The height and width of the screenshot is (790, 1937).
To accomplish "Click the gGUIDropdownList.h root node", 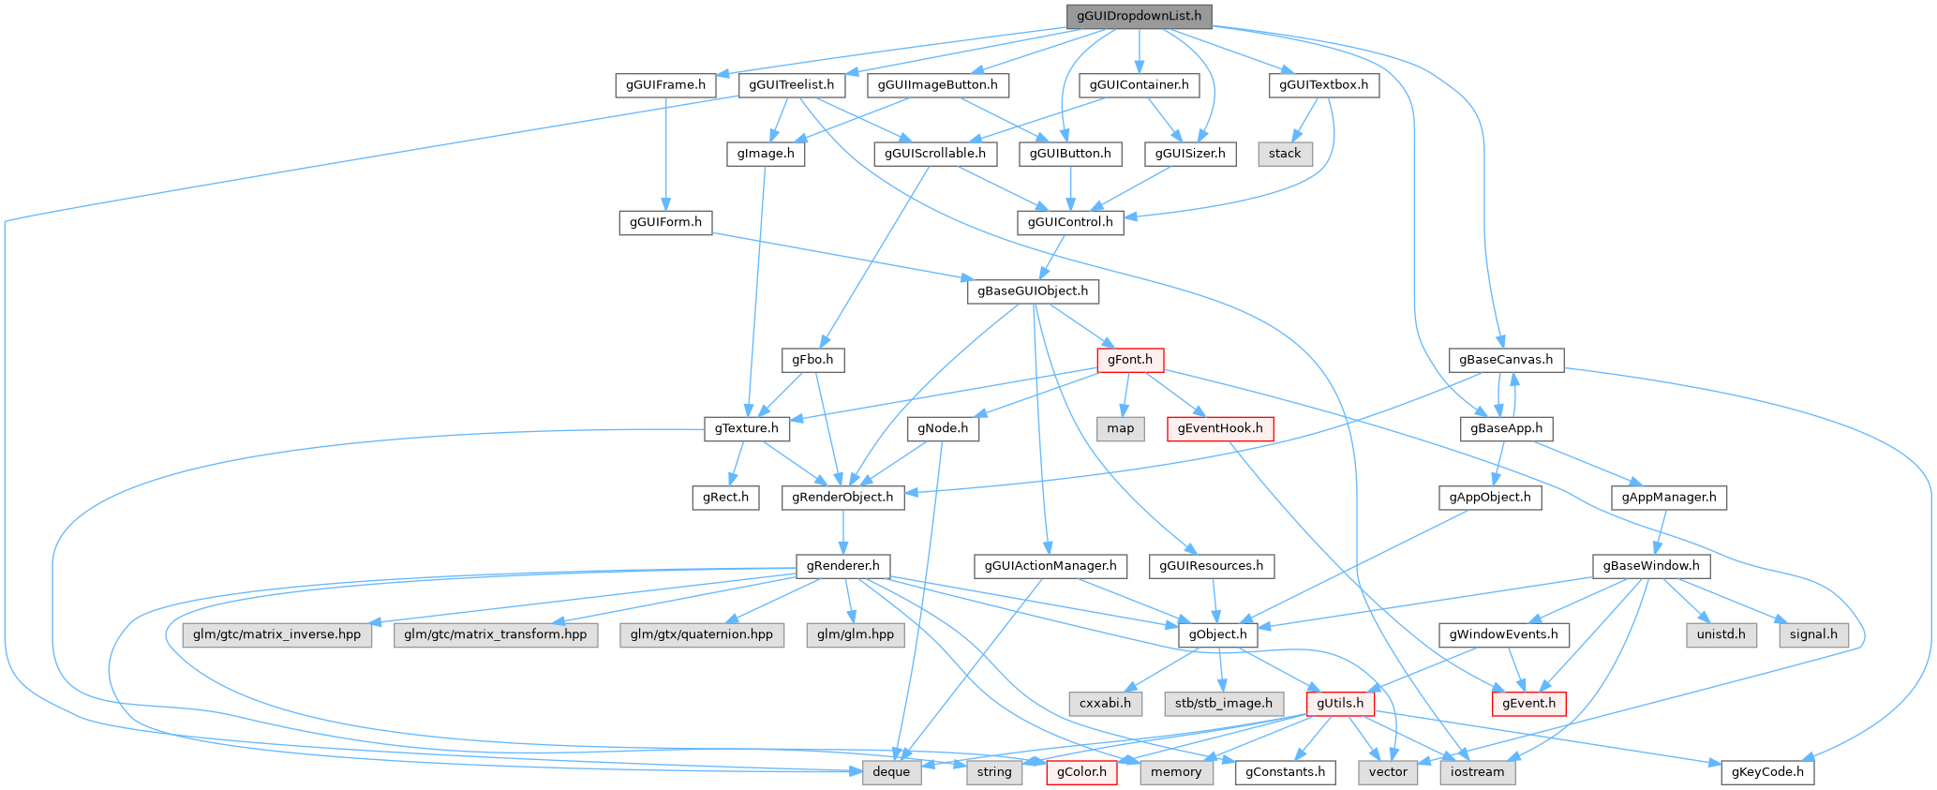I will pos(1139,16).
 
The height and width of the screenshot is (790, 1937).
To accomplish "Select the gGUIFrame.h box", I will pos(666,85).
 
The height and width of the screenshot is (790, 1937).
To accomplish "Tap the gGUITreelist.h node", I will pos(792,85).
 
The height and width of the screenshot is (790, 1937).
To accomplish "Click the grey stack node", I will pos(1284,154).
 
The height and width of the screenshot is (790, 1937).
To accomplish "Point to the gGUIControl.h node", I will pos(1070,222).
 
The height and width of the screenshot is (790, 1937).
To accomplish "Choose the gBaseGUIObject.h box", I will pos(1033,291).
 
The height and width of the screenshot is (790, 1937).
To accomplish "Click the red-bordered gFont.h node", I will pos(1129,360).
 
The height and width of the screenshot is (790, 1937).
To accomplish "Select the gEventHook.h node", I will pos(1219,428).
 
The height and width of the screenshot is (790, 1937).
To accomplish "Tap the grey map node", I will pos(1120,428).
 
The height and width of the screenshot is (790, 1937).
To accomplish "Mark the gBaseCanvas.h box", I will pos(1506,360).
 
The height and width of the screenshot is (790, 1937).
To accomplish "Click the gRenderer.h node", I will pos(843,566).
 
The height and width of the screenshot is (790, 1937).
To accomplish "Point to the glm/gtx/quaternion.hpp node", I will pos(701,634).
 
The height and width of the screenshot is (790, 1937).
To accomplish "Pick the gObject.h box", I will pos(1218,634).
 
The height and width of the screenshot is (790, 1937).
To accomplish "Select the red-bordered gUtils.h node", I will pos(1340,703).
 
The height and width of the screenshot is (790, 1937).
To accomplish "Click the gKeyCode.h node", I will pos(1767,772).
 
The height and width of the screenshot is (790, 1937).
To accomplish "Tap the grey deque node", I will pos(891,772).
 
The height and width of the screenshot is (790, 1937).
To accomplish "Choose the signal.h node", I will pos(1813,634).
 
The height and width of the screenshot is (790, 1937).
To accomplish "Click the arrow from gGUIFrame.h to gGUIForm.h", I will pos(665,150).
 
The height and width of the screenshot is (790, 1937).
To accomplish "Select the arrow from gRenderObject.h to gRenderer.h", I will pos(843,531).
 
